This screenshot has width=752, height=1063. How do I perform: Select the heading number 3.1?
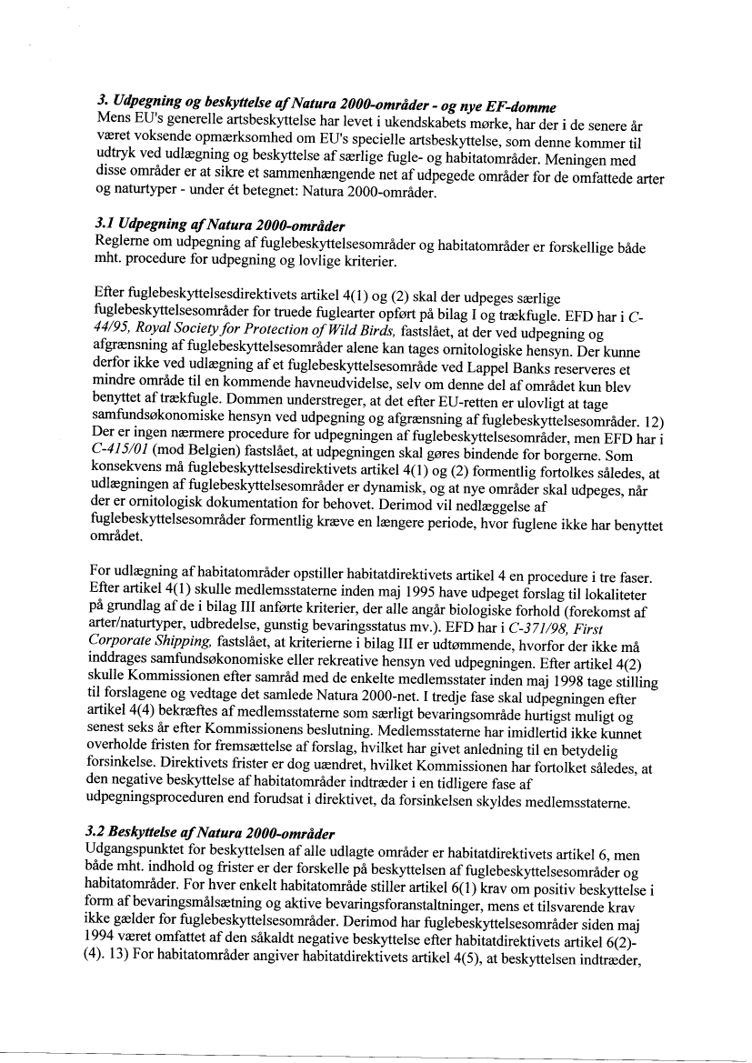104,222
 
